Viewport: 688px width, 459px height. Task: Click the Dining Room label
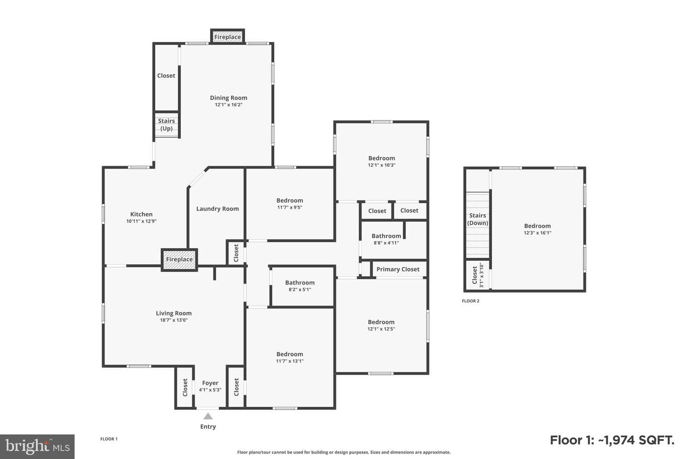[228, 98]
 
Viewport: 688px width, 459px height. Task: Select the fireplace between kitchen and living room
[179, 260]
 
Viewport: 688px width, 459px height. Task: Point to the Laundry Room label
[217, 209]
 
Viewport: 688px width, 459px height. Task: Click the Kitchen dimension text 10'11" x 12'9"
[141, 221]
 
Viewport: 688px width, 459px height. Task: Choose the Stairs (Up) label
[166, 124]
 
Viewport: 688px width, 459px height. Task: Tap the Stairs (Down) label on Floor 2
[478, 219]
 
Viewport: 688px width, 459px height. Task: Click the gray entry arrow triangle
[208, 416]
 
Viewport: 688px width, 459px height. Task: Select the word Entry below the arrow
[208, 426]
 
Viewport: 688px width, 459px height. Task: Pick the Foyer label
[210, 383]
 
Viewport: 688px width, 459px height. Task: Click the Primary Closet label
[398, 269]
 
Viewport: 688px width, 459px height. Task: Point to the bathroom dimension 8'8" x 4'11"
[386, 243]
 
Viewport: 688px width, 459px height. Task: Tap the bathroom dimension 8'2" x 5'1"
[300, 289]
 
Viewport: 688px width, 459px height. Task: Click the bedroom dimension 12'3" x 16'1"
[537, 233]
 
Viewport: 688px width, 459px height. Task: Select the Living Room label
[173, 313]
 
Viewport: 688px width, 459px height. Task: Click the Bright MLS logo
[37, 447]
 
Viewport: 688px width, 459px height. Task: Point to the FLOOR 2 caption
[471, 301]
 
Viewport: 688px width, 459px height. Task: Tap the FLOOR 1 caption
[109, 439]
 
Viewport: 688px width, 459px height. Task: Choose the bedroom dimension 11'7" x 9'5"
[290, 207]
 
